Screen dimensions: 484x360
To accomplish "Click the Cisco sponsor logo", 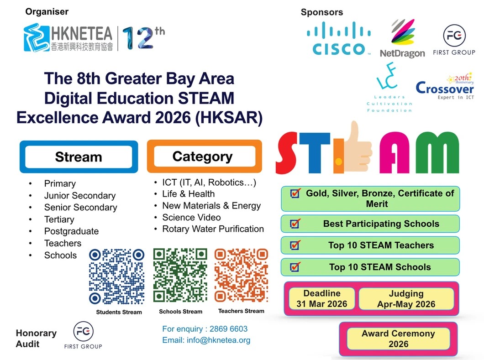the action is coord(339,39).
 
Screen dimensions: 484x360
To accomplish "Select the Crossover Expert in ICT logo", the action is coord(445,87).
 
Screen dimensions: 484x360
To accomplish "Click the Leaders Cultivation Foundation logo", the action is coord(389,88).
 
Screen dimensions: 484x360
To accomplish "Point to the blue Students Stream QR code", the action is coord(117,277).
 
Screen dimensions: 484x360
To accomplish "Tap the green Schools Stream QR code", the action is coord(180,275).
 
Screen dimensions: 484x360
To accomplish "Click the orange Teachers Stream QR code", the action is coord(241,275).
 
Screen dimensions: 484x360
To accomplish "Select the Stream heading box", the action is coord(79,157).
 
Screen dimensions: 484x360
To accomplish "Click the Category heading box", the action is coord(205,156).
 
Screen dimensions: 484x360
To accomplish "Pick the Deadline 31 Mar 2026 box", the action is coord(322,298).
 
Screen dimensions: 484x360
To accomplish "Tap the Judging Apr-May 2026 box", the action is coord(406,298).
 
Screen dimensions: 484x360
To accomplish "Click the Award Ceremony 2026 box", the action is coord(398,339).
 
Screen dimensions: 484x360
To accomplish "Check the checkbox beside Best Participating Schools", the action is coord(295,223).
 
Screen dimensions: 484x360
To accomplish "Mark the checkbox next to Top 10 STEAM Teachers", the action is coord(295,245).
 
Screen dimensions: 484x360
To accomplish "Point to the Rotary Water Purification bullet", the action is coord(213,229).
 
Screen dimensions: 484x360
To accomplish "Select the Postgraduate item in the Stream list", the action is coord(71,231).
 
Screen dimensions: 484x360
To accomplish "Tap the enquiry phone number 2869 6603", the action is coord(228,329).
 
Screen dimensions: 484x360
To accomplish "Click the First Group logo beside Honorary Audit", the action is coord(83,335).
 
